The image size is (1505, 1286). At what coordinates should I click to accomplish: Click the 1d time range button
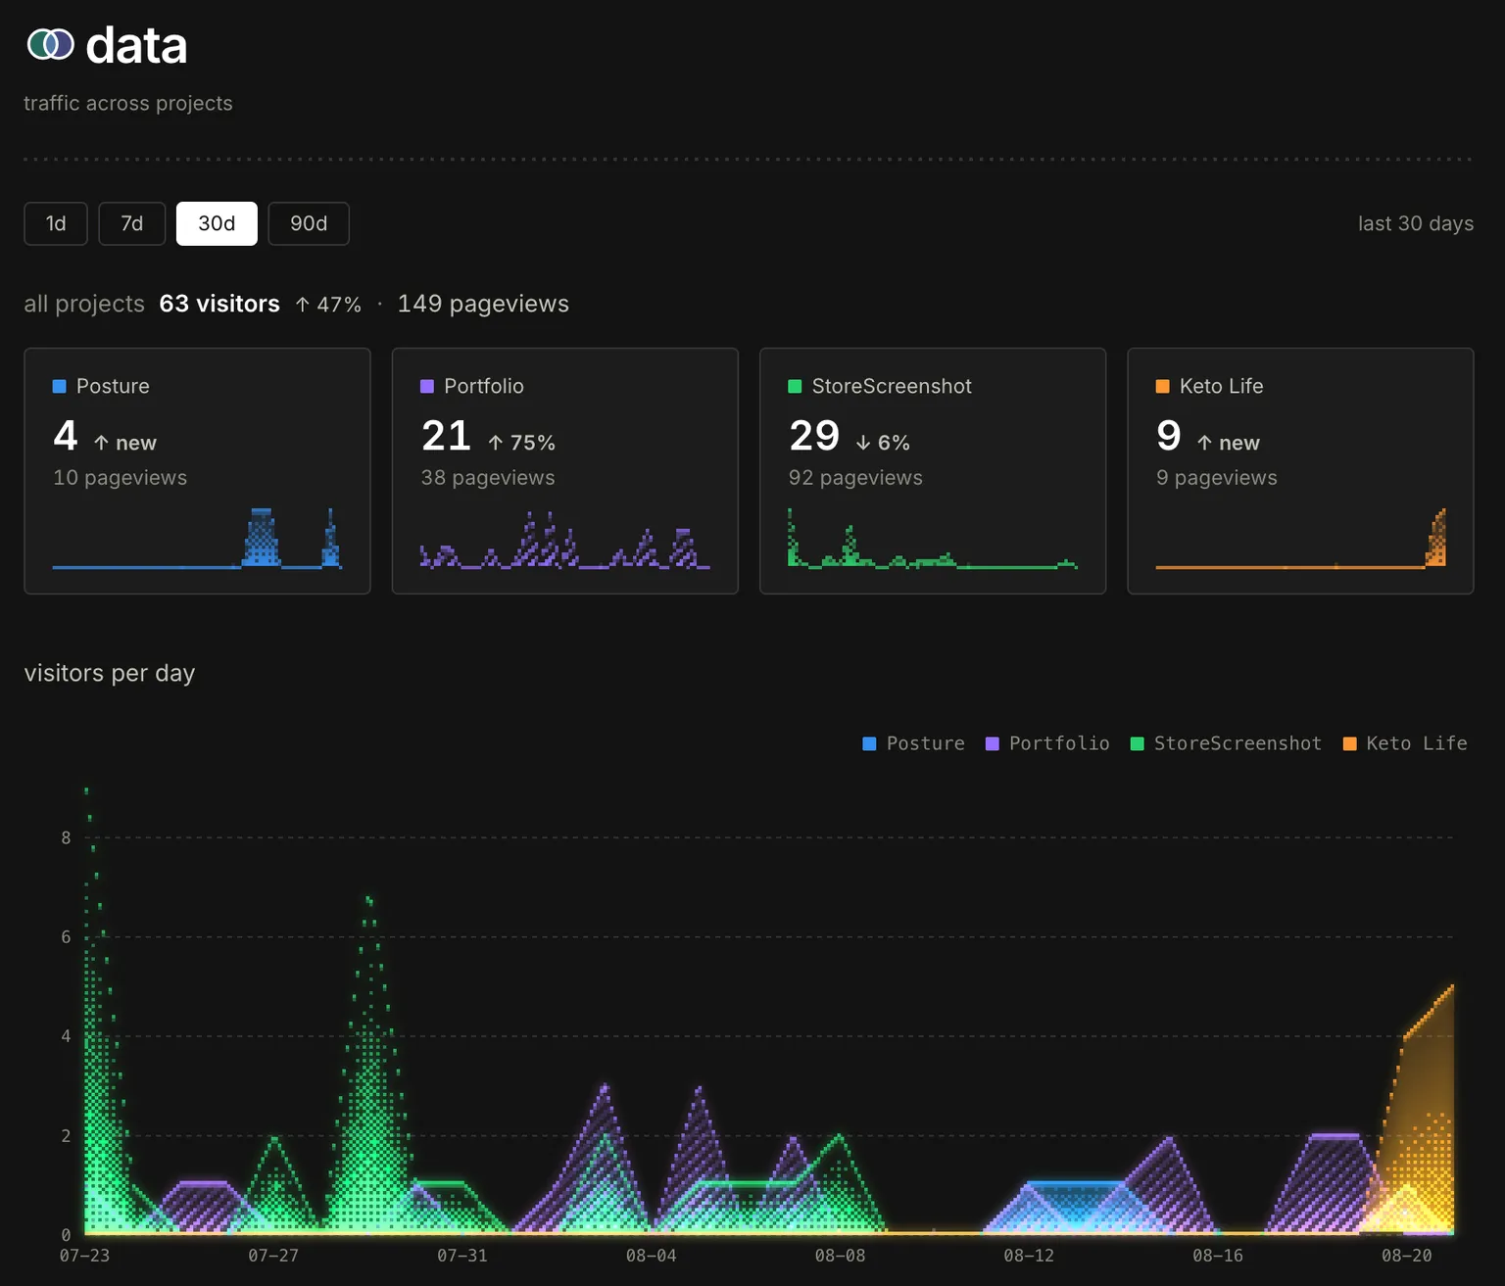[x=56, y=223]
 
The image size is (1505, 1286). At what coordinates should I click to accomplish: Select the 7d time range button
[x=132, y=223]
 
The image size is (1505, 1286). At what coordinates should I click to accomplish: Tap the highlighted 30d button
[x=217, y=223]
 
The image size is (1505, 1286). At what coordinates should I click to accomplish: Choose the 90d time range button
[x=309, y=223]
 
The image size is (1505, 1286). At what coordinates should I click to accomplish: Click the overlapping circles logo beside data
[x=50, y=44]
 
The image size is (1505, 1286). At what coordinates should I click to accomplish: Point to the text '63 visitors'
[x=219, y=304]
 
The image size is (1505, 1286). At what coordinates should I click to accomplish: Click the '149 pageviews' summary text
[x=483, y=304]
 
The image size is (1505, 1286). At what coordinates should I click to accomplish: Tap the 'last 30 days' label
[x=1416, y=223]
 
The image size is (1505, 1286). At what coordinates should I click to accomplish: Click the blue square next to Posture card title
[x=60, y=386]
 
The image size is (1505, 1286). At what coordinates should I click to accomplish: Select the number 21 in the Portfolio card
[x=446, y=436]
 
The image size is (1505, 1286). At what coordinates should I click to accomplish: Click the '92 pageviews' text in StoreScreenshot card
[x=855, y=477]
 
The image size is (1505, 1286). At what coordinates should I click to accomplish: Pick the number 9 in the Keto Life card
[x=1169, y=436]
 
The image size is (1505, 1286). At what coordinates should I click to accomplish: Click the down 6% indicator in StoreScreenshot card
[x=883, y=443]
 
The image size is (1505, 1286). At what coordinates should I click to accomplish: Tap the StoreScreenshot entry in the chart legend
[x=1226, y=743]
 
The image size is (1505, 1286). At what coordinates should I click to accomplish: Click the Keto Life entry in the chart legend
[x=1405, y=743]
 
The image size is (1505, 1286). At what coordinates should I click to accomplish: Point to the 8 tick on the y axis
[x=67, y=837]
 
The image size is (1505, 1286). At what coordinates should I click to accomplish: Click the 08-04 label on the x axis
[x=651, y=1256]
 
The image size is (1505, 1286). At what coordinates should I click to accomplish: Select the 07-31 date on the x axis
[x=462, y=1256]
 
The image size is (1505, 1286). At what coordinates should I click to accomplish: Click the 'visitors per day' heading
[x=109, y=673]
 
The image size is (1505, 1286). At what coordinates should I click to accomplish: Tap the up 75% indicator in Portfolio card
[x=521, y=443]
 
